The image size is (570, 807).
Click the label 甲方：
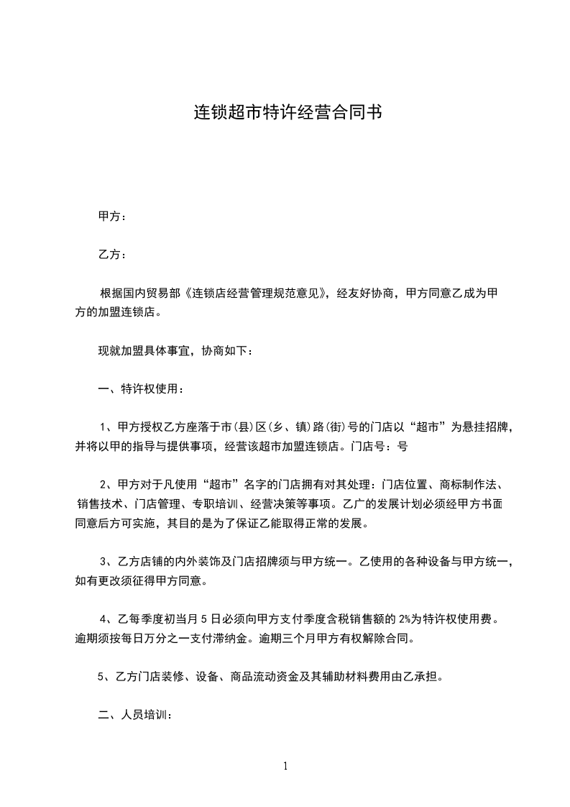tap(113, 216)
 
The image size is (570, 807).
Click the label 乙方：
tap(113, 255)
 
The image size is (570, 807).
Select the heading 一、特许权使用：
tap(140, 390)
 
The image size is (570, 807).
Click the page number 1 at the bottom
tap(285, 766)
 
